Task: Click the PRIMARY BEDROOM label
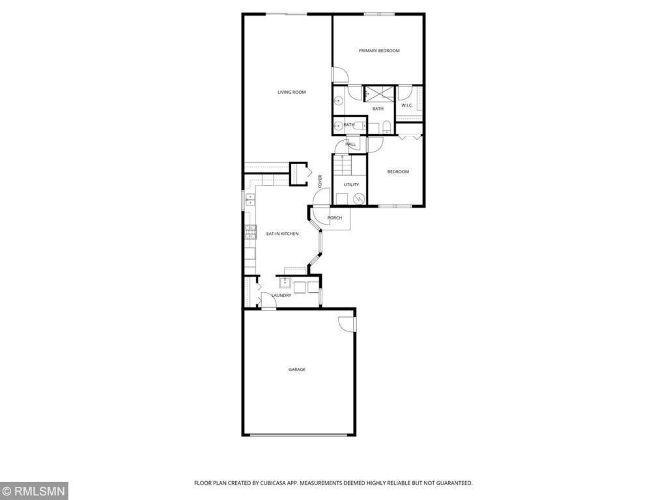[x=379, y=51]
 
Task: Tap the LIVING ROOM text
[x=291, y=92]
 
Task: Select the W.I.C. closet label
[x=407, y=105]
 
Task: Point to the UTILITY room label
[x=351, y=185]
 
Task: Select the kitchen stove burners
[x=250, y=231]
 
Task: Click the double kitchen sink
[x=250, y=201]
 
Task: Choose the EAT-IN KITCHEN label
[x=282, y=234]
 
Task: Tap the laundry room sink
[x=285, y=283]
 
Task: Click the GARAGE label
[x=297, y=370]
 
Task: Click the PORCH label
[x=334, y=218]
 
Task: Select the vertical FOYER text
[x=320, y=181]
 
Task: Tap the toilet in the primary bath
[x=386, y=126]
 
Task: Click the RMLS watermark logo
[x=34, y=491]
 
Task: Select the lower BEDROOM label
[x=398, y=172]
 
